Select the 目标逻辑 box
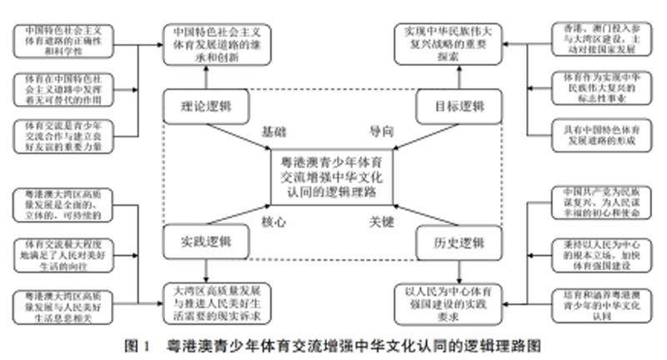[453, 108]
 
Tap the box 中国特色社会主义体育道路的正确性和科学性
[61, 41]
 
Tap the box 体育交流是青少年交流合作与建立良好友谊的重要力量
[61, 134]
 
